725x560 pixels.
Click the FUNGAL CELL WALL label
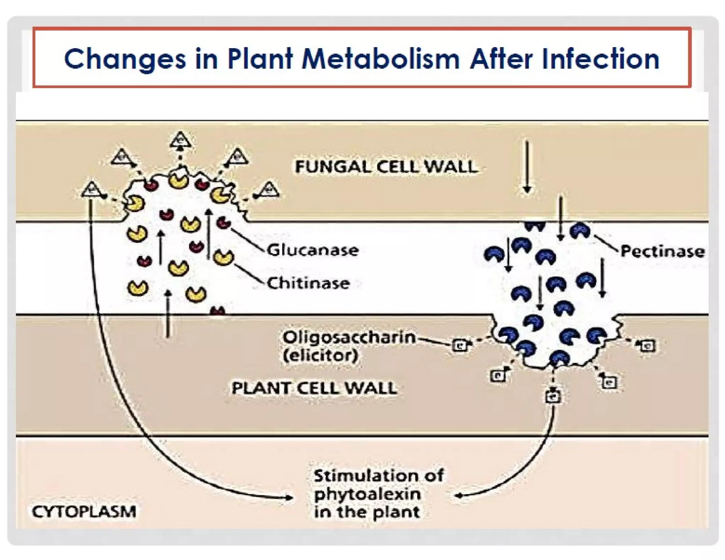coord(386,167)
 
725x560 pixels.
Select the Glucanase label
coord(313,250)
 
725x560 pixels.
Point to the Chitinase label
coord(308,283)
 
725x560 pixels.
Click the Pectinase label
coord(662,251)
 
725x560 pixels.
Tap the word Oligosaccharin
coord(349,337)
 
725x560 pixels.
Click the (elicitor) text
coord(321,355)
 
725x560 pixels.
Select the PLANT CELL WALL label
coord(314,388)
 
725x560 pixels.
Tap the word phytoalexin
coord(367,494)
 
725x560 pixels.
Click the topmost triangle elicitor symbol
coord(181,140)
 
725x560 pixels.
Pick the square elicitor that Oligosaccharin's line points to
coord(460,345)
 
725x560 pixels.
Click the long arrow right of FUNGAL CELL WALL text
coord(527,166)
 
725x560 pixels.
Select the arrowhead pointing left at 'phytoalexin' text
coord(459,496)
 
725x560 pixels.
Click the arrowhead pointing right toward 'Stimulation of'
coord(289,497)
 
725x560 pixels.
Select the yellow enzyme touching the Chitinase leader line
coord(223,257)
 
